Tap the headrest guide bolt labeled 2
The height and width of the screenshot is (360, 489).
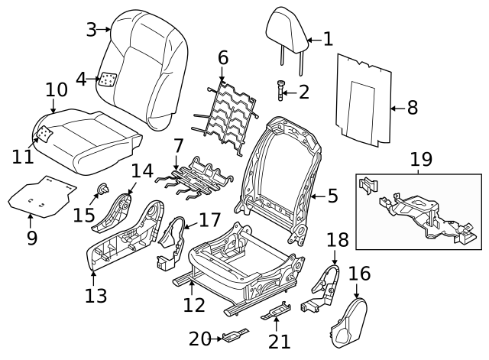[x=280, y=90]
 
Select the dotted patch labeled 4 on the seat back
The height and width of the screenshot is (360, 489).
[x=107, y=79]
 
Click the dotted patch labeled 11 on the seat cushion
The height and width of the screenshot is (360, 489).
[x=44, y=134]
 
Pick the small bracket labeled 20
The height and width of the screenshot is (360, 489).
[x=235, y=336]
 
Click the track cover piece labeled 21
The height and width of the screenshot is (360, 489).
[x=277, y=311]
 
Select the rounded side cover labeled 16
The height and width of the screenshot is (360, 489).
[x=348, y=323]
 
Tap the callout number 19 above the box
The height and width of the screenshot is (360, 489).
[x=421, y=160]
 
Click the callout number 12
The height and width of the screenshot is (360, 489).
[x=193, y=305]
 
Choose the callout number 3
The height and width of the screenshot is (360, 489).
[x=92, y=31]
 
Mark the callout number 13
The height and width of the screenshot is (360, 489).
[x=96, y=296]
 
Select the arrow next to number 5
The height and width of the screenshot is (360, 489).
[x=319, y=196]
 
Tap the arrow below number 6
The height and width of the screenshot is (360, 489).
[x=222, y=75]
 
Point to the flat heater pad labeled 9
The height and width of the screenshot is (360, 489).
[x=42, y=196]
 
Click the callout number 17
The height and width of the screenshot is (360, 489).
[x=209, y=220]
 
